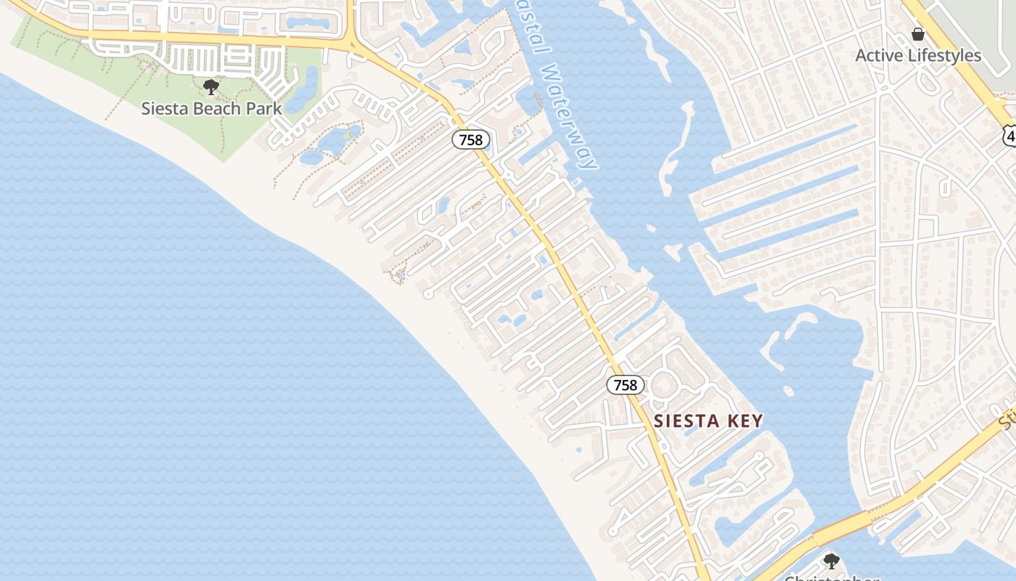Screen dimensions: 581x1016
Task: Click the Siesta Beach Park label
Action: [x=211, y=109]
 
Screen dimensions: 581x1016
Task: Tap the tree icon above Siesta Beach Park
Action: [x=211, y=88]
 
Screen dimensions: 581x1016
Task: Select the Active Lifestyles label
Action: [x=918, y=55]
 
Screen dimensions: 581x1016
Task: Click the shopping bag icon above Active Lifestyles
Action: [x=918, y=34]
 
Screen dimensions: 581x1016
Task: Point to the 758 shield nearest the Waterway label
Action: [x=471, y=139]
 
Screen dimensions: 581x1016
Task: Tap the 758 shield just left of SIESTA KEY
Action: [x=625, y=385]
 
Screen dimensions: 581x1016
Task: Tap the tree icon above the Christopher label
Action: [x=832, y=561]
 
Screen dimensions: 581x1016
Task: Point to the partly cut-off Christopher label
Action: [x=832, y=578]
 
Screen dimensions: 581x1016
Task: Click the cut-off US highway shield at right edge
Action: [x=1009, y=134]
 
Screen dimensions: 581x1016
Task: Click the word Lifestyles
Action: [x=943, y=55]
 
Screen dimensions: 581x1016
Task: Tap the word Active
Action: [x=878, y=55]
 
